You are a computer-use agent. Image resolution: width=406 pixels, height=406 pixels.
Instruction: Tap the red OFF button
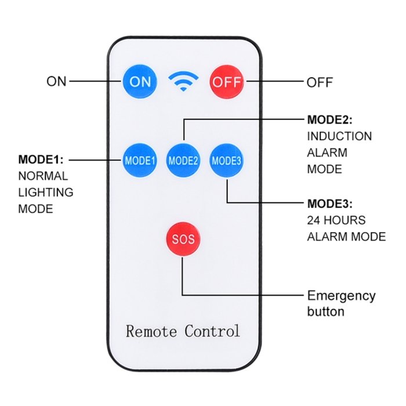click(226, 82)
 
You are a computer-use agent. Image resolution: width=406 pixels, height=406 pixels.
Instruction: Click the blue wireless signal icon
click(183, 82)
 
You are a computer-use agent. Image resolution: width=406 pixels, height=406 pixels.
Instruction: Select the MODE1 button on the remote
click(140, 160)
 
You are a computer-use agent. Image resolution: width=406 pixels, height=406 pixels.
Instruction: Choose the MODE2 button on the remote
click(183, 160)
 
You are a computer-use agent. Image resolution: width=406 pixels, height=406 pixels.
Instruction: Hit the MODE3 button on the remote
click(226, 160)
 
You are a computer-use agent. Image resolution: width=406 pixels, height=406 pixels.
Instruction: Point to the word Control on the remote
click(212, 331)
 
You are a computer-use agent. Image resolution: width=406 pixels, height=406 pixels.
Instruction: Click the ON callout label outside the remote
click(57, 82)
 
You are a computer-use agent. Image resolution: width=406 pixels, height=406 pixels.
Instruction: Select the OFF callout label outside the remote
click(320, 82)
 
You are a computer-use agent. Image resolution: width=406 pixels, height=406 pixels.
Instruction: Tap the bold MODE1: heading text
click(41, 159)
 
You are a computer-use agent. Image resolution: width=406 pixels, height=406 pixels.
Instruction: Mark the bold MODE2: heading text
click(329, 120)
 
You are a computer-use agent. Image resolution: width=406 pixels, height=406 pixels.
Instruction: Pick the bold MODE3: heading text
click(329, 204)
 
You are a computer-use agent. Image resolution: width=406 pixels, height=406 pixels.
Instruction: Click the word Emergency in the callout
click(341, 296)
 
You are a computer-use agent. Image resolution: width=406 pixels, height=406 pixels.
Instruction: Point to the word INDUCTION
click(339, 136)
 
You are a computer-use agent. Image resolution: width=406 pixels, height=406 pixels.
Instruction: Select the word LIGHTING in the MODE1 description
click(46, 192)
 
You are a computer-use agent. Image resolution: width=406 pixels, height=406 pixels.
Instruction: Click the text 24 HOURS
click(336, 220)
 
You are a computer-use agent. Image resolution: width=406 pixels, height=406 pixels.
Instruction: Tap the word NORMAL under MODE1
click(43, 176)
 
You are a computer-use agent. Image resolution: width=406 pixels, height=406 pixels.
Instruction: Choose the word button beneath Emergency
click(325, 311)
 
